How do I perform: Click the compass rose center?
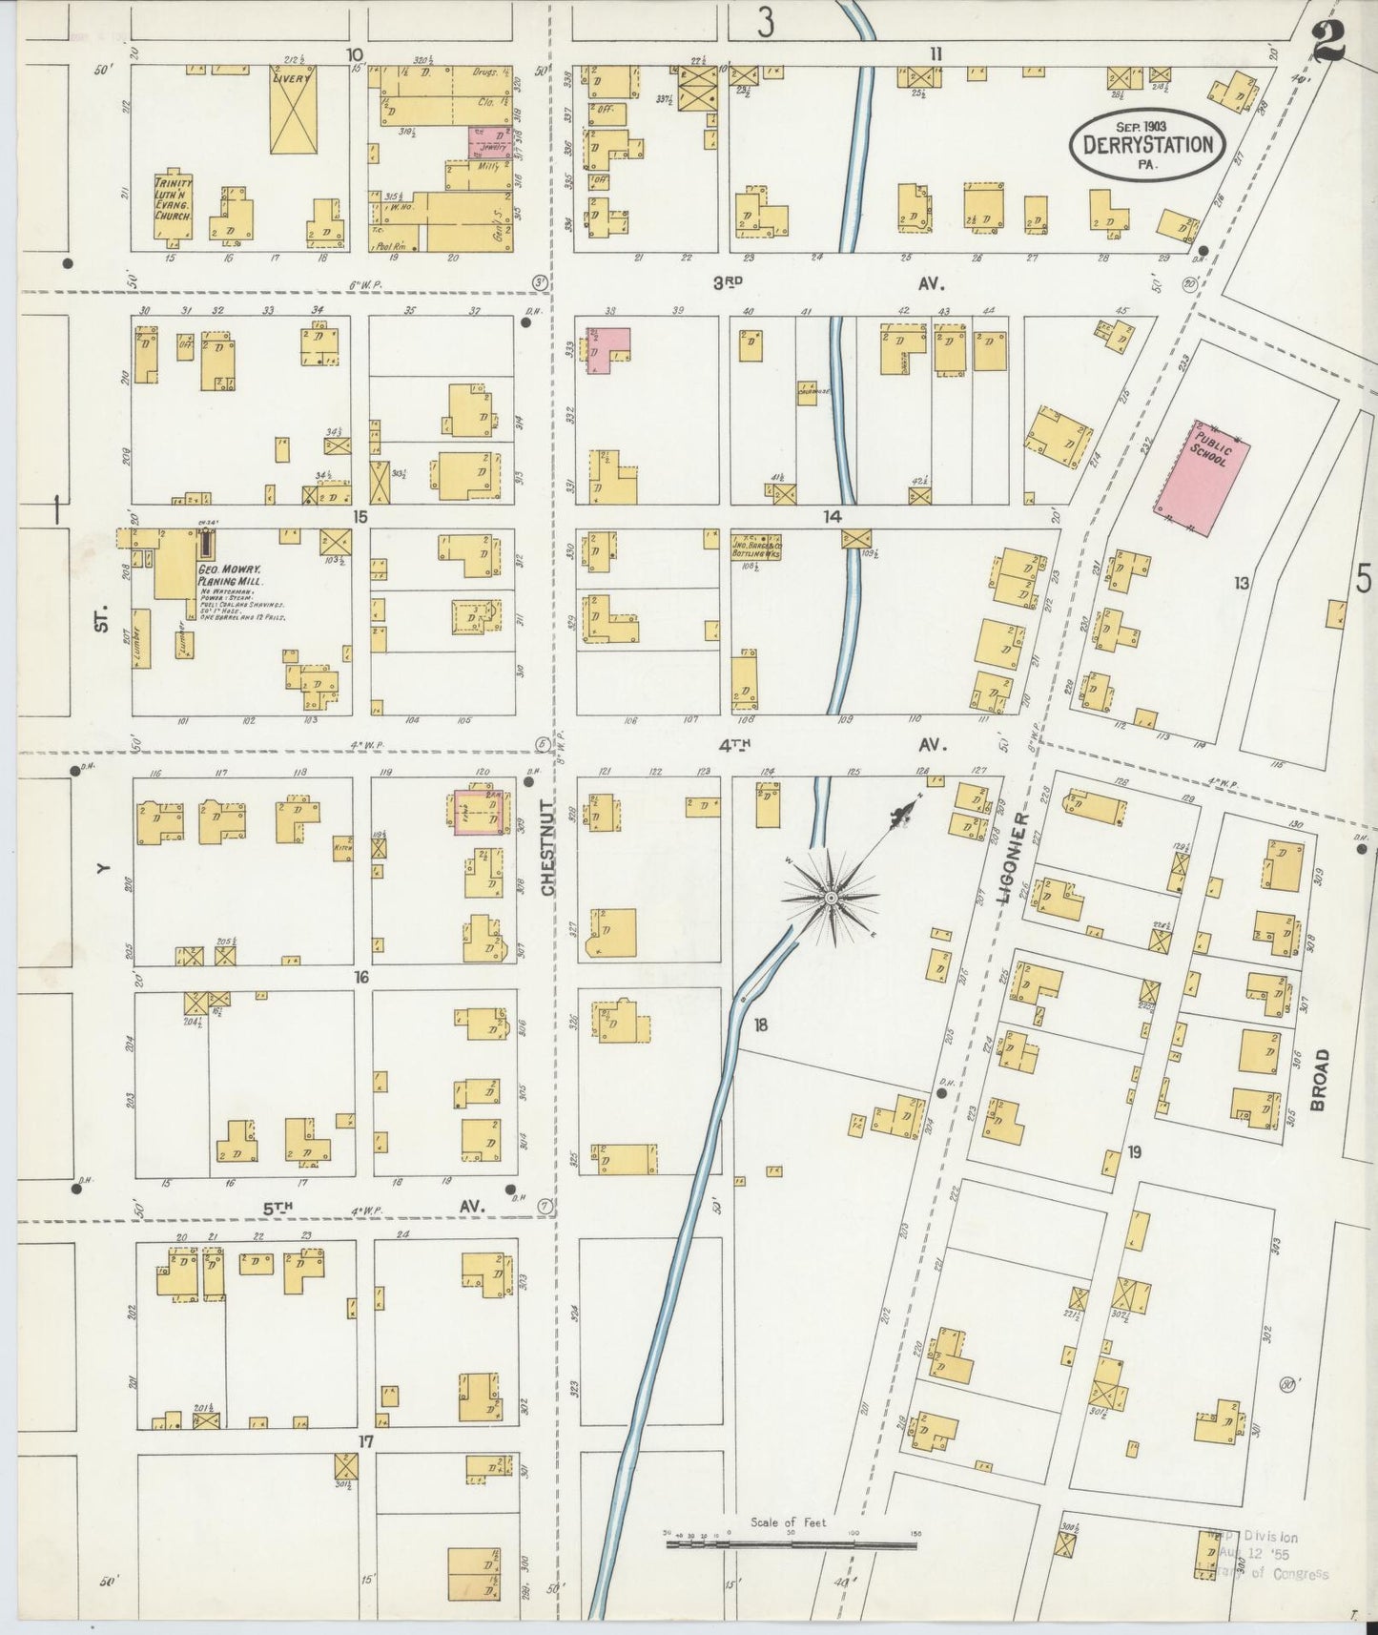pyautogui.click(x=832, y=898)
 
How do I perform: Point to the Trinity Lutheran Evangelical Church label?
pyautogui.click(x=175, y=199)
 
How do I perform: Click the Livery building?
pyautogui.click(x=295, y=111)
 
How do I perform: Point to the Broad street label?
pyautogui.click(x=1319, y=1079)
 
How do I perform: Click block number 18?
pyautogui.click(x=760, y=1025)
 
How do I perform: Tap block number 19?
pyautogui.click(x=1134, y=1152)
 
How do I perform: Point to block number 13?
pyautogui.click(x=1241, y=583)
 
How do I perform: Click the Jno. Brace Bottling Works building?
pyautogui.click(x=756, y=547)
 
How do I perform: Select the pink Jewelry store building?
pyautogui.click(x=488, y=142)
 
